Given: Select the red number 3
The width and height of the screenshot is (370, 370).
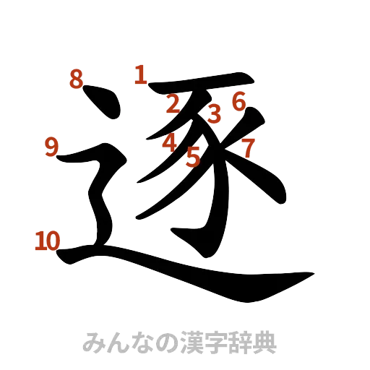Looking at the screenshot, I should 214,113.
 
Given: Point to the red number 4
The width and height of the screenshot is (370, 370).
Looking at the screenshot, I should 170,143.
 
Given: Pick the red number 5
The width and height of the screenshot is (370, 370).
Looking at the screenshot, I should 193,156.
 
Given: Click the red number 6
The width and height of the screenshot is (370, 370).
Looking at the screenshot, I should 238,101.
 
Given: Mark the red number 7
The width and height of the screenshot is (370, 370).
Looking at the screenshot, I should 247,149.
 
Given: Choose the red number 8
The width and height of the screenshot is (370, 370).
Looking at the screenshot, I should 77,79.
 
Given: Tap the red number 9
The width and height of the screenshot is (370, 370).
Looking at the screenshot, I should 51,147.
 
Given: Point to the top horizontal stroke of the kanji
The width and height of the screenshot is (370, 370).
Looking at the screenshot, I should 202,82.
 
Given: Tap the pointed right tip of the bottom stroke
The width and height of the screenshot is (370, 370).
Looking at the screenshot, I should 312,274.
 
